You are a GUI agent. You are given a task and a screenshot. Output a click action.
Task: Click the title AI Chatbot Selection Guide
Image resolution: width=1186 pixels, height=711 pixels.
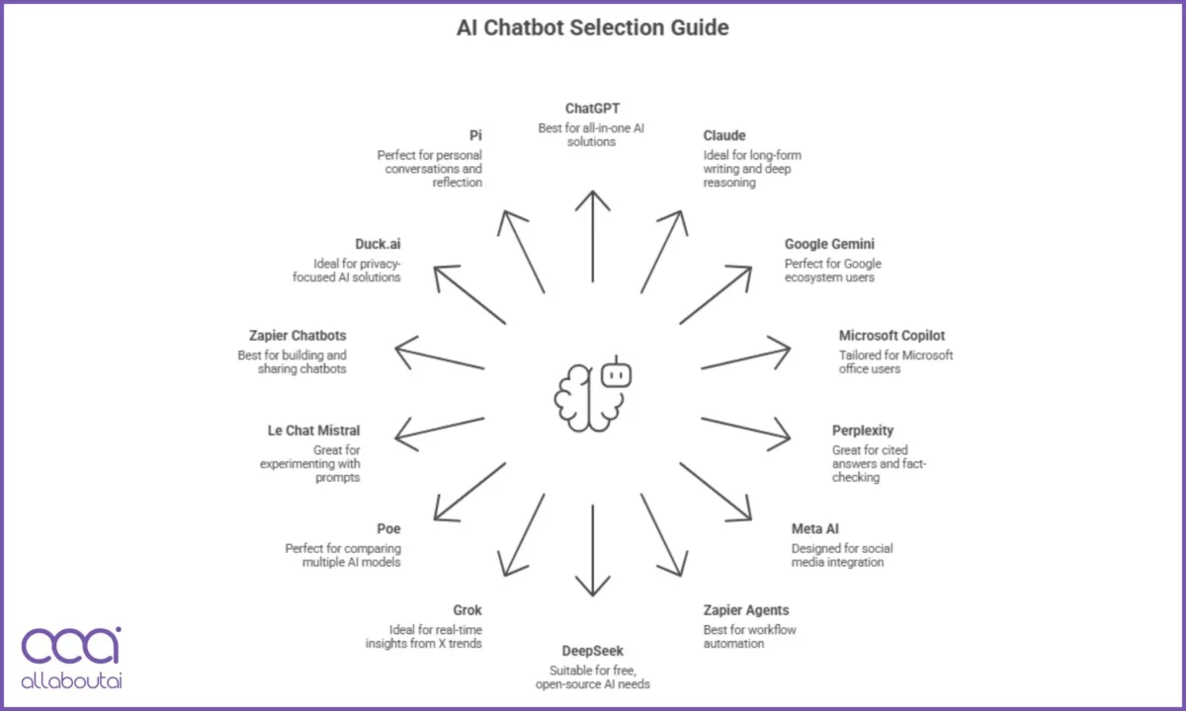(x=592, y=28)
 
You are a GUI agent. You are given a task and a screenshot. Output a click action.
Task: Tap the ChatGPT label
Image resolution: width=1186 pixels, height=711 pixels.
(x=592, y=109)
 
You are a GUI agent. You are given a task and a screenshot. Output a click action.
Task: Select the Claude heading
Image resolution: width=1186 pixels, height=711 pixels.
(x=724, y=135)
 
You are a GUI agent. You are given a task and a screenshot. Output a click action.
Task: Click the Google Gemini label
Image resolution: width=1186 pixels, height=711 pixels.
(x=829, y=244)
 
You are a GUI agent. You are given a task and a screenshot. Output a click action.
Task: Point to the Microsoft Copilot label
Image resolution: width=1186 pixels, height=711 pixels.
(x=891, y=336)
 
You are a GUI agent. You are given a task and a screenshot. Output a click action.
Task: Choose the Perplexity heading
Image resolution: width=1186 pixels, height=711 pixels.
(x=862, y=431)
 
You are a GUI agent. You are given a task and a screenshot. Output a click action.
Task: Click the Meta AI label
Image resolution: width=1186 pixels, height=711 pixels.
(x=816, y=528)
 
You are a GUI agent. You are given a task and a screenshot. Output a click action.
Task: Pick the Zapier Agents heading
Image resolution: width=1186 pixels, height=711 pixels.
(x=746, y=610)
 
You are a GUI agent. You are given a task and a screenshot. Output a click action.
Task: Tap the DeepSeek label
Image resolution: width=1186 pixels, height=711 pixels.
(x=592, y=652)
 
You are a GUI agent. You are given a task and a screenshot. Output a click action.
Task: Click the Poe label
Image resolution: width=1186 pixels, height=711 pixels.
(x=388, y=528)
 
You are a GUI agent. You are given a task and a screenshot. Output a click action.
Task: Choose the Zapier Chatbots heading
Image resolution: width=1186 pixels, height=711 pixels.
(x=297, y=336)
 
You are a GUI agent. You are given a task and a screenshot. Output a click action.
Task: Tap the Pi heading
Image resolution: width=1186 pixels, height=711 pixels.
(x=475, y=135)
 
